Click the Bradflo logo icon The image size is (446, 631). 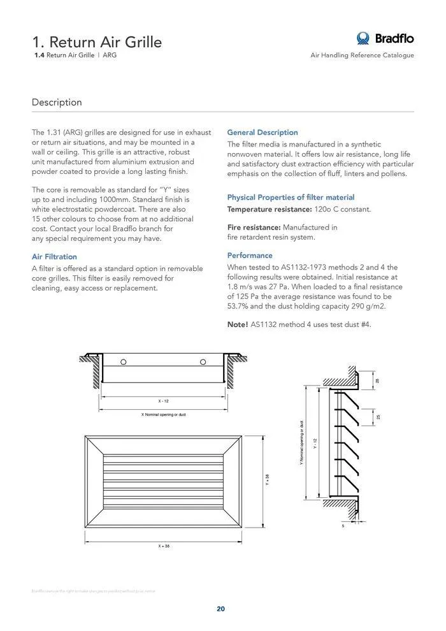363,38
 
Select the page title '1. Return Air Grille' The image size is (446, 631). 97,42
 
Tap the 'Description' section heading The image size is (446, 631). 57,102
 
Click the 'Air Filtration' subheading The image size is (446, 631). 54,257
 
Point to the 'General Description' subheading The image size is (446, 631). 263,133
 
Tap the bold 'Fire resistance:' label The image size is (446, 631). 254,228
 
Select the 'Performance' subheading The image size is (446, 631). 250,256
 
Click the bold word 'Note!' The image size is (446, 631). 238,324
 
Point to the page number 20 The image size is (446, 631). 220,609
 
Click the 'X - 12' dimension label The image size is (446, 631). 164,401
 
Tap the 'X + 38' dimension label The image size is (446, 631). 164,546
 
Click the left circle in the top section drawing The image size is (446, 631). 124,362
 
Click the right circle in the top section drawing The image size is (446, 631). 203,362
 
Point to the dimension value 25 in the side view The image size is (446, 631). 378,417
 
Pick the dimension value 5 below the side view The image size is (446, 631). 343,526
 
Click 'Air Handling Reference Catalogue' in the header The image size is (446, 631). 362,55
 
